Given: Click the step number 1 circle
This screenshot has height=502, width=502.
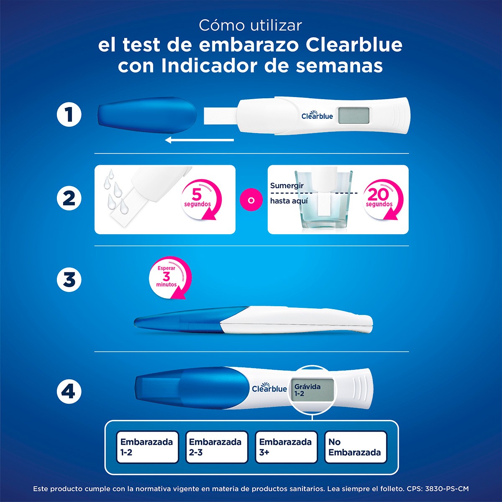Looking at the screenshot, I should coord(69,115).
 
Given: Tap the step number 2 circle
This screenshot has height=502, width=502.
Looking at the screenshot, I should coord(69,198).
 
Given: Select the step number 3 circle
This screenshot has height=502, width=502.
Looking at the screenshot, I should coord(69,279).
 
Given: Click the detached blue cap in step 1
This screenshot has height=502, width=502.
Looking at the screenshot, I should coord(147,116).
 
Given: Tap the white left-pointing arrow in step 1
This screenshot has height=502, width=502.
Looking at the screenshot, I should coord(200,140).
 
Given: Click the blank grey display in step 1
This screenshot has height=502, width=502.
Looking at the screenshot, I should coord(353,116).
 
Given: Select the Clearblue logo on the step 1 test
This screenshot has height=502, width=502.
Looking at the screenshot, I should coord(317,115).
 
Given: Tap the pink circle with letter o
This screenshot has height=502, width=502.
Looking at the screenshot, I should coord(251,200).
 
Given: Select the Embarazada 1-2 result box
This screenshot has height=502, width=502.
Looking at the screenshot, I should coord(147,447).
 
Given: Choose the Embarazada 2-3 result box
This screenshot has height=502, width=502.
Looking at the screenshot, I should coord(216,447).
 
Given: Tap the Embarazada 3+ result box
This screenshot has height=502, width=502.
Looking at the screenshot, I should coord(286,447).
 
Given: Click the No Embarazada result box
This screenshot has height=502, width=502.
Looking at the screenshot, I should coord(355,447).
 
